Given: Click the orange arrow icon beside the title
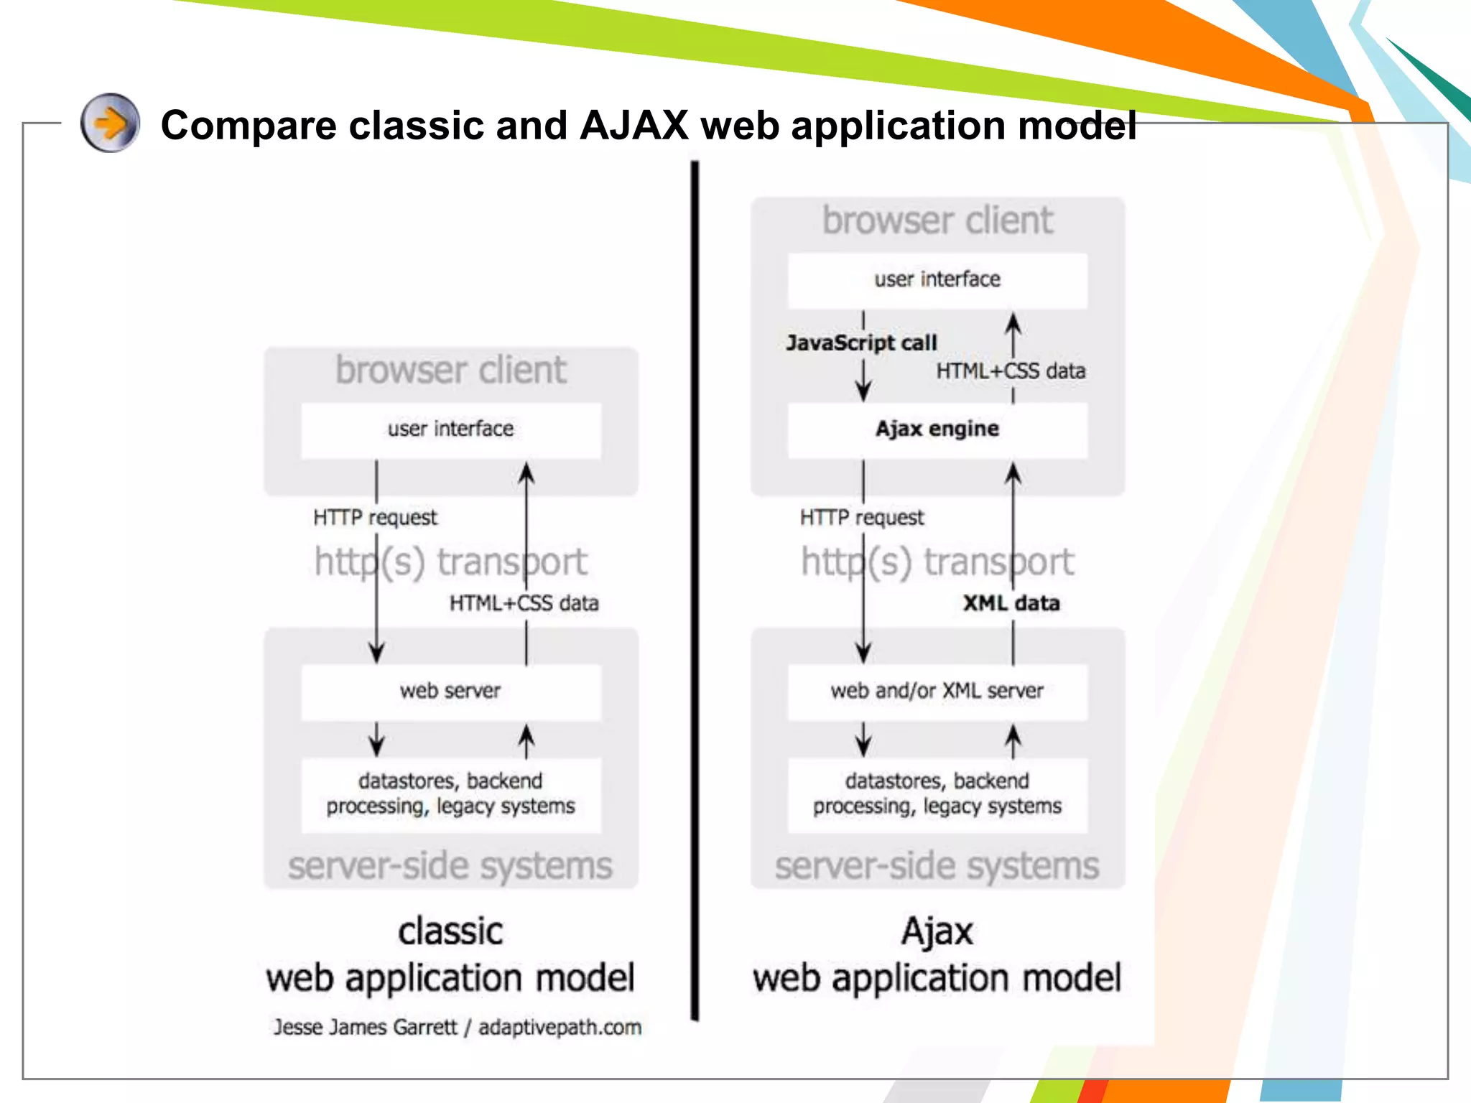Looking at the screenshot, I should [x=110, y=123].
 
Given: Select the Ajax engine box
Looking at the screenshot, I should [x=937, y=429].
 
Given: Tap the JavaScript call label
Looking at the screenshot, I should [x=861, y=343].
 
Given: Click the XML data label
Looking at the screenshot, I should [x=1011, y=603].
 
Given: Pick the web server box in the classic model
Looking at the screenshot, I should [x=450, y=692].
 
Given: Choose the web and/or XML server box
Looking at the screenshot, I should [x=937, y=692].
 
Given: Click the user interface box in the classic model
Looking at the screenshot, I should [x=450, y=429].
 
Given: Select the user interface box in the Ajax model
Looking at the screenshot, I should [x=937, y=279].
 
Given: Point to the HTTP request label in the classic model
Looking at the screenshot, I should [x=375, y=518].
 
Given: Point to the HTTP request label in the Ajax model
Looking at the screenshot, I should [x=862, y=518].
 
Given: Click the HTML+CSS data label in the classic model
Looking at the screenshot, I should [x=524, y=603].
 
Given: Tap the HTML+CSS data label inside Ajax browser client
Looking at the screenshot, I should [x=1011, y=371].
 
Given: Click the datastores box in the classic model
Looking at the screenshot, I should [x=450, y=794].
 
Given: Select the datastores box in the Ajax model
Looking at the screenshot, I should [x=937, y=794].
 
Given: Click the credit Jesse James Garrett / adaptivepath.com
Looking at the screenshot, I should [x=457, y=1028].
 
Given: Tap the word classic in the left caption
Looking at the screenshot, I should [x=450, y=932].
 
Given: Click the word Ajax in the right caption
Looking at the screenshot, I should [x=937, y=932].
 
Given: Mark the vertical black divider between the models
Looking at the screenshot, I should [x=695, y=589].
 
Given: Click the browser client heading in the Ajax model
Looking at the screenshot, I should [x=937, y=220].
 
